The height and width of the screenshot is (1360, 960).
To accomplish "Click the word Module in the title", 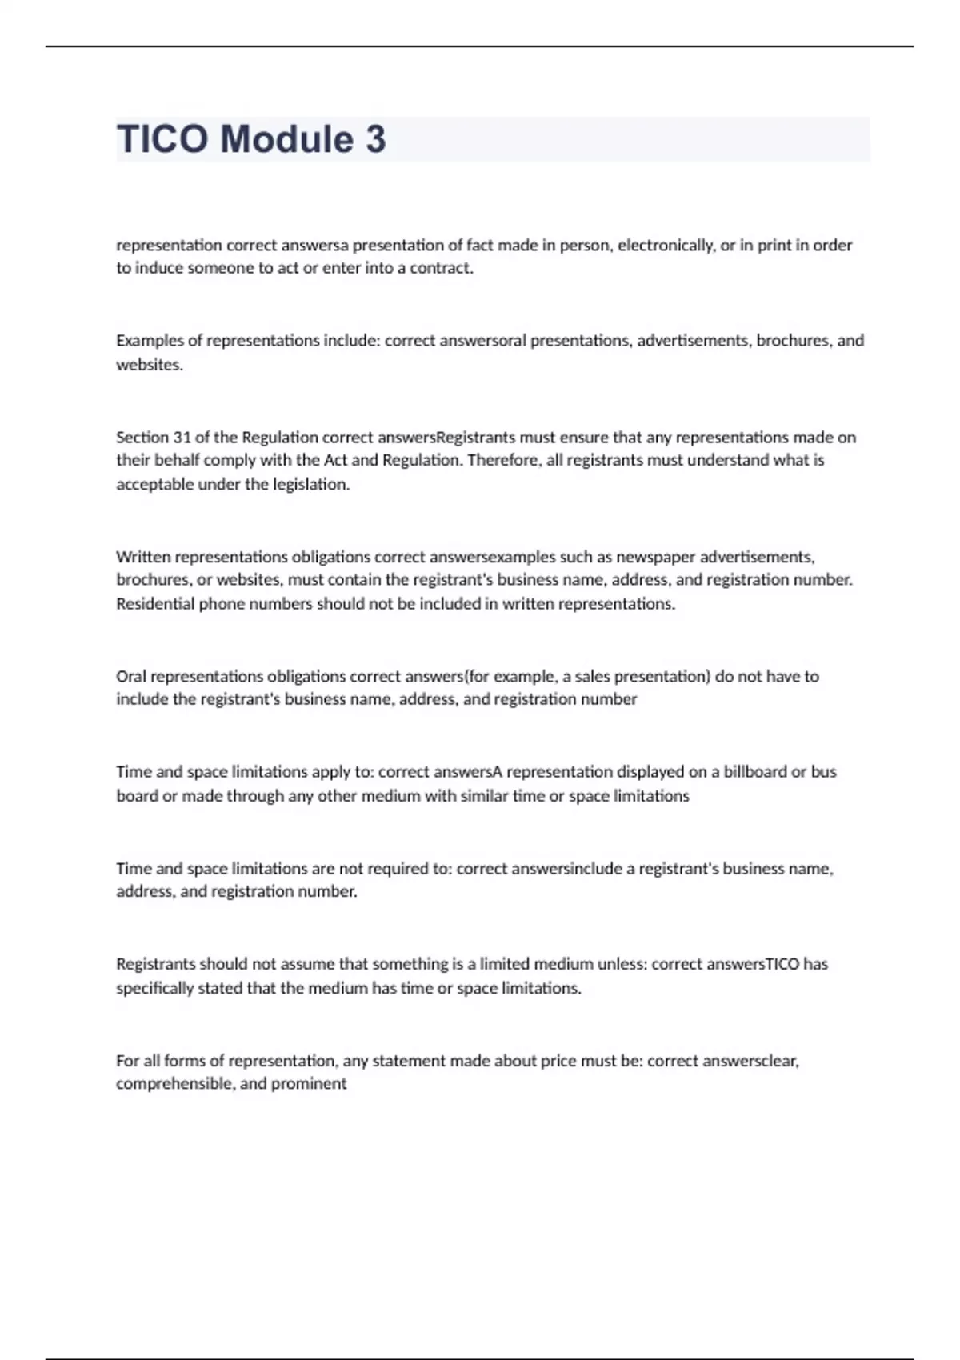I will (x=286, y=139).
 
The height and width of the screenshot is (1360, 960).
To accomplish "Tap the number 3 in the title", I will (x=376, y=139).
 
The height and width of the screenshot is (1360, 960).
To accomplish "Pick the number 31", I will (x=182, y=438).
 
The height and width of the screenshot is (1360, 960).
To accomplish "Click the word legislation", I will (x=307, y=484).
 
